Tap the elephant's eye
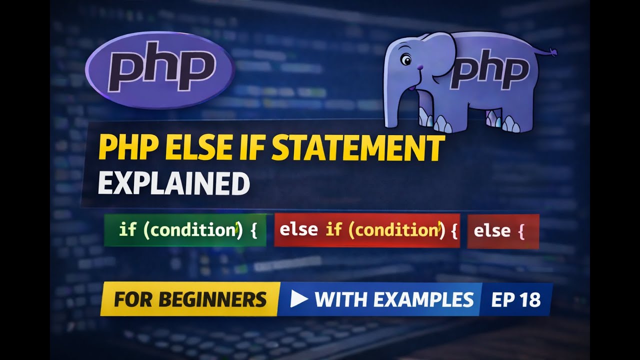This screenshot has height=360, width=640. tap(405, 61)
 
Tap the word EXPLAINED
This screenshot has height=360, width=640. tap(173, 183)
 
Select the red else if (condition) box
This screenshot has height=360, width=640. tap(366, 230)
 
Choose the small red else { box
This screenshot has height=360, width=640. tap(502, 231)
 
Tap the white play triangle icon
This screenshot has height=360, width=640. tap(298, 298)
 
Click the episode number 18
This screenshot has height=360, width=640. tap(530, 299)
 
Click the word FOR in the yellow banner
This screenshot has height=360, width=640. tap(130, 299)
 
